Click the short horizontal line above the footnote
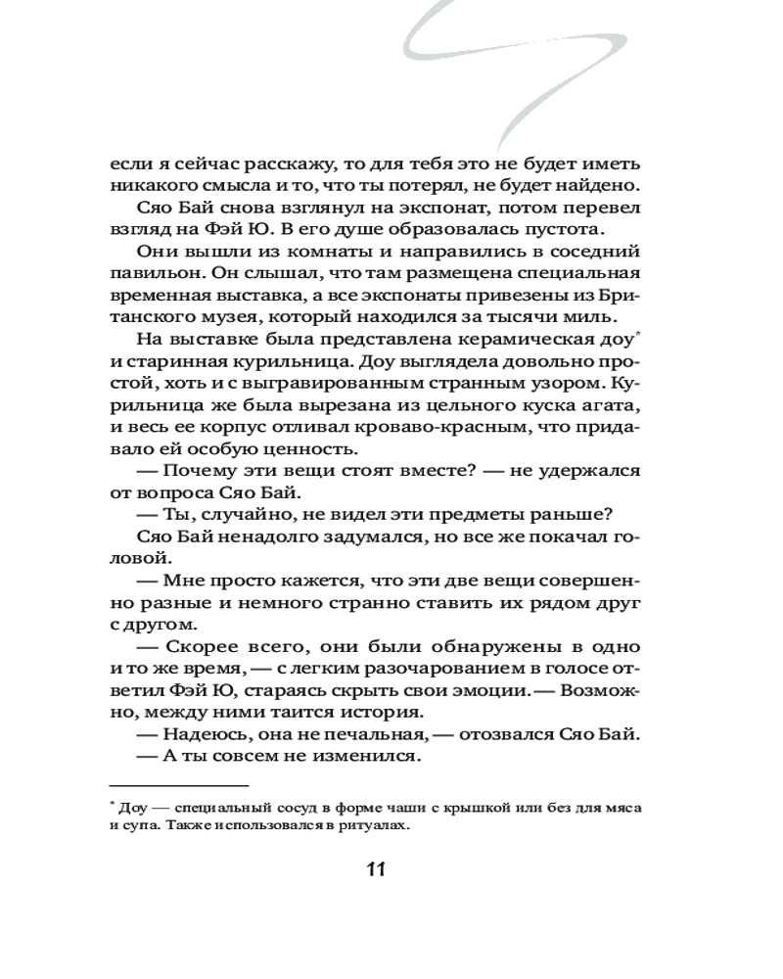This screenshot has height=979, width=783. pos(178,785)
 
